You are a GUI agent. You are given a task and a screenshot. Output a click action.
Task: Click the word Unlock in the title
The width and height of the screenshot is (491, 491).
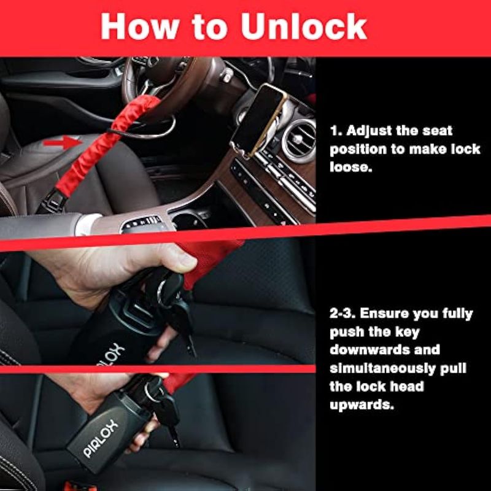[x=304, y=27]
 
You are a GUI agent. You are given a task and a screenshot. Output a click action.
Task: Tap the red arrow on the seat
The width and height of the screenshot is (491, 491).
[x=63, y=142]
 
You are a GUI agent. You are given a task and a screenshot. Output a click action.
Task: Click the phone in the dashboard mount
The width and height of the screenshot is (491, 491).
[x=258, y=120]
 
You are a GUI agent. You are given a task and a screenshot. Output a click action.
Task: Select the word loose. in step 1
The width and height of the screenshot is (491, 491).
[x=351, y=167]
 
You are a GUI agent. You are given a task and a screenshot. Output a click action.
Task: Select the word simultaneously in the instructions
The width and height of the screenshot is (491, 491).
[x=382, y=369]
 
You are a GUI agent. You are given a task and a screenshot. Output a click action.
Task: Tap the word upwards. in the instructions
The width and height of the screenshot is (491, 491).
[x=361, y=405]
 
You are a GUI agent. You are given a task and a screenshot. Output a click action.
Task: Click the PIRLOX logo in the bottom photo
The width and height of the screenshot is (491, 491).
[x=101, y=439]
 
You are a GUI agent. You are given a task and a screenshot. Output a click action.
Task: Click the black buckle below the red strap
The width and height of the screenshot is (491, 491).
[x=53, y=201]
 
